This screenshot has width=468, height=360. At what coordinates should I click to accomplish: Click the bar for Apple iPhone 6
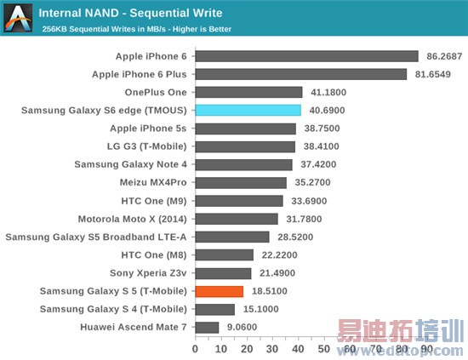point(306,56)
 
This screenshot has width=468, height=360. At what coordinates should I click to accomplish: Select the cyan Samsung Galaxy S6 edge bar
point(248,110)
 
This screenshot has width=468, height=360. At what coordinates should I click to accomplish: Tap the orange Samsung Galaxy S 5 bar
point(220,291)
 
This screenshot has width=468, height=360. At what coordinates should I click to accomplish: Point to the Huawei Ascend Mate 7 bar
point(207,327)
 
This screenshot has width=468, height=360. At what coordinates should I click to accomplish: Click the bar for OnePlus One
point(248,92)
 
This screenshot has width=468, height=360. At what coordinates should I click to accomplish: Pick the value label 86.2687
point(442,56)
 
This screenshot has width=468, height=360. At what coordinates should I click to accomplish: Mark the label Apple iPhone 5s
point(149,129)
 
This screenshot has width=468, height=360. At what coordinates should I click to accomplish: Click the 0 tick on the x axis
point(196,348)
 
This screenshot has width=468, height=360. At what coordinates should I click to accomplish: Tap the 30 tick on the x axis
point(275,348)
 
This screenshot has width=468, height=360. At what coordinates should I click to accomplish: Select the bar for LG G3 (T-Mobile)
point(245,146)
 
